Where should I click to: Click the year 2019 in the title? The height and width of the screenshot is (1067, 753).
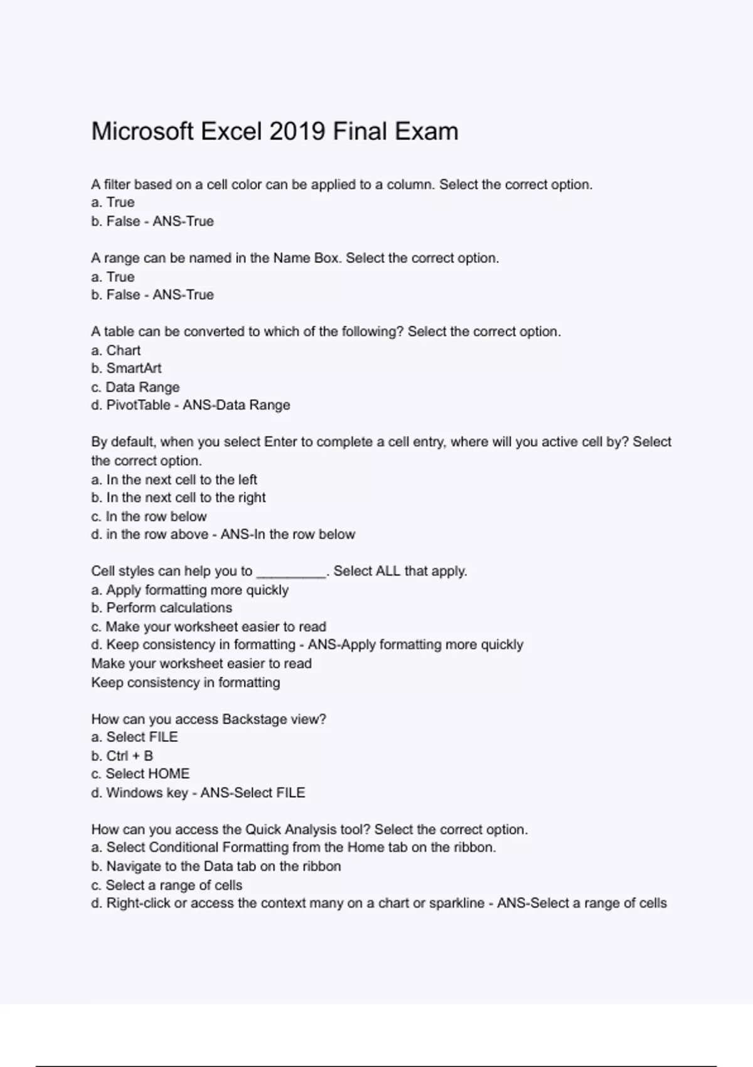click(297, 132)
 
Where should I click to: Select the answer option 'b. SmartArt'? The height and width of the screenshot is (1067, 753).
click(126, 368)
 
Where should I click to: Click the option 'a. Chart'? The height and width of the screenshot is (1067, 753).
click(116, 350)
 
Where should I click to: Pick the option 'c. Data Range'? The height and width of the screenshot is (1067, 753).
click(136, 387)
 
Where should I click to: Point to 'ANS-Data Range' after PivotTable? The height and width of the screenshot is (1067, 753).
click(237, 405)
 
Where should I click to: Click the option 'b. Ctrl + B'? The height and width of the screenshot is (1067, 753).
click(122, 756)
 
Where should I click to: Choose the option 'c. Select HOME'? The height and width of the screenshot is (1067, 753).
click(141, 774)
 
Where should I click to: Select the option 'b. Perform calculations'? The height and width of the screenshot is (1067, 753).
click(162, 608)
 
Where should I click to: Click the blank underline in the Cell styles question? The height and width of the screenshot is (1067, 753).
click(292, 572)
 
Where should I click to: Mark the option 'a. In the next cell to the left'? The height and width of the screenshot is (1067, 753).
click(174, 480)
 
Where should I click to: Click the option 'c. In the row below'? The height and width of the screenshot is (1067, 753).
click(149, 517)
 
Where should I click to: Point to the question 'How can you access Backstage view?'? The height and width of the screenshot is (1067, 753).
click(209, 719)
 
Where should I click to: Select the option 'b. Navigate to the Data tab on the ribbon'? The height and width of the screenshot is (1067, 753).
click(216, 866)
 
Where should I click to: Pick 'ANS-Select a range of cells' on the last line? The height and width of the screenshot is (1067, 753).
click(582, 903)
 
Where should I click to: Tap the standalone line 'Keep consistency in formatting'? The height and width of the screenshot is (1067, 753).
click(186, 683)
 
